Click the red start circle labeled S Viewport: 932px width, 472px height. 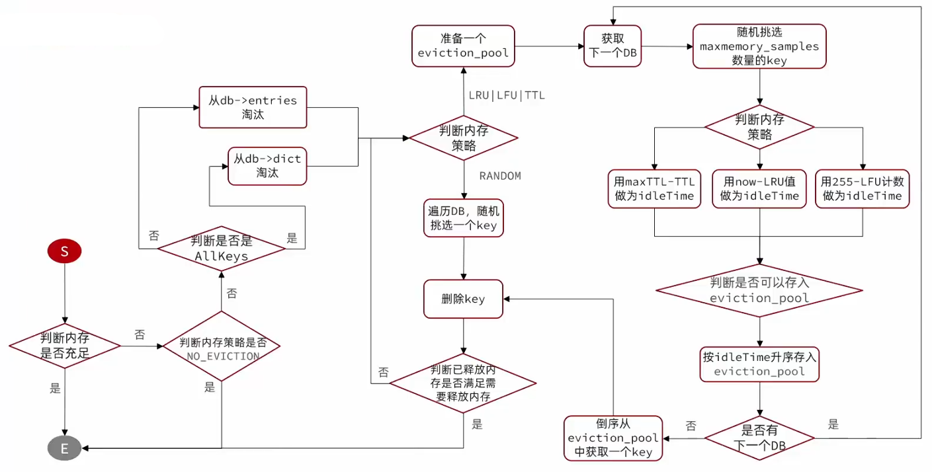[64, 251]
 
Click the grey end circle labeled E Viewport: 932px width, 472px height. [64, 448]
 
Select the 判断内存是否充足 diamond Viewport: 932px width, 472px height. [65, 346]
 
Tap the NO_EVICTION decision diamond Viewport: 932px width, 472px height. [222, 346]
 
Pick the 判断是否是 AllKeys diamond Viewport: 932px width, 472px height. [222, 249]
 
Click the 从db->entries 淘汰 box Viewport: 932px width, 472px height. [253, 107]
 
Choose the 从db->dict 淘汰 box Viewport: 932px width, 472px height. [267, 166]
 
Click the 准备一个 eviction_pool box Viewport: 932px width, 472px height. [463, 46]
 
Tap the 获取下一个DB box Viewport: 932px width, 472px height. [613, 46]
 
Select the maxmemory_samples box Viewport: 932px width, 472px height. [759, 46]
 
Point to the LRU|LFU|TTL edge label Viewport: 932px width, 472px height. [507, 95]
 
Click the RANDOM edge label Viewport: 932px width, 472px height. [500, 176]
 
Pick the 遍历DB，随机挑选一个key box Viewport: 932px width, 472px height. [464, 218]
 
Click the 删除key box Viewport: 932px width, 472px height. [463, 299]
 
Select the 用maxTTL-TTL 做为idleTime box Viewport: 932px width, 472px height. [654, 189]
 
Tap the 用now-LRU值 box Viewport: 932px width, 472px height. [759, 189]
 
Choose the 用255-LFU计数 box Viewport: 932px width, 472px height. [863, 189]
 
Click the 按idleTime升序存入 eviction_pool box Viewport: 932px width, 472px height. [759, 364]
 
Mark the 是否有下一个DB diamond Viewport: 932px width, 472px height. [759, 438]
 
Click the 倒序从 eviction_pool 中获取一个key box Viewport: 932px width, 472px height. [613, 438]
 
